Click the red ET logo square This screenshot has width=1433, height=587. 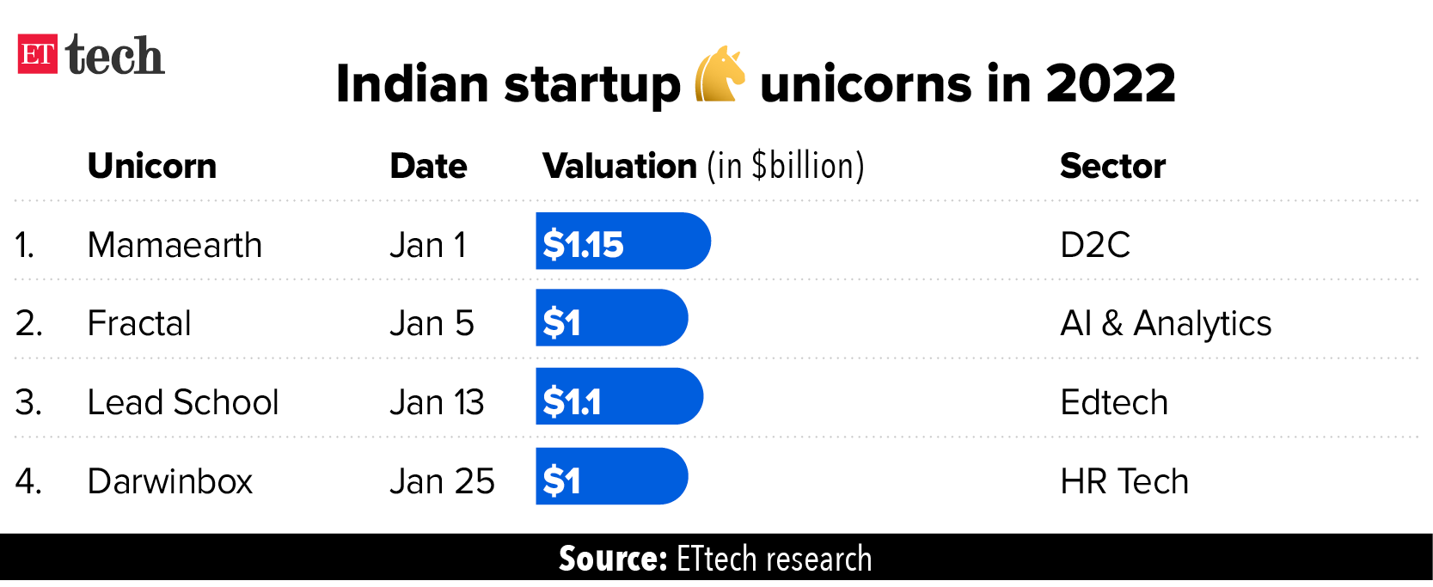(37, 54)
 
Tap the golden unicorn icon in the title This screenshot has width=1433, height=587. (719, 75)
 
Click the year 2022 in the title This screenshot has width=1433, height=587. (1110, 84)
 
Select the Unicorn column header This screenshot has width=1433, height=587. (152, 166)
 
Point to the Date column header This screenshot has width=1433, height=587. (428, 166)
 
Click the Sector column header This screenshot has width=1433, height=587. (1112, 166)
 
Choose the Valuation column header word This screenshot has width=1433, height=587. (619, 166)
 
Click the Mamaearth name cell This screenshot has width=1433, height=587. (175, 245)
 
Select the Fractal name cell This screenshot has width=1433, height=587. (139, 324)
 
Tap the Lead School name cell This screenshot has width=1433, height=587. (183, 402)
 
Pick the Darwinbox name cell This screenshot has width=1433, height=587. (170, 481)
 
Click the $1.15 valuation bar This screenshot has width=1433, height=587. (622, 242)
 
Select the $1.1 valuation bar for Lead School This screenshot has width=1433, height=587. (619, 397)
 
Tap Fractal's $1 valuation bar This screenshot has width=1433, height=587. (611, 318)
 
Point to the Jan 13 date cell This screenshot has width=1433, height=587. (437, 402)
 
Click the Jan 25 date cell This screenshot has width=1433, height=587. (442, 481)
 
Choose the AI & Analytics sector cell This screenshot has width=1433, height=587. (1165, 324)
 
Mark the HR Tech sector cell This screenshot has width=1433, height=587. (1124, 481)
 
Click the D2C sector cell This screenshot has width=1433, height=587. (1094, 245)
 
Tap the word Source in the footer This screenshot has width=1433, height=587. (613, 559)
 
